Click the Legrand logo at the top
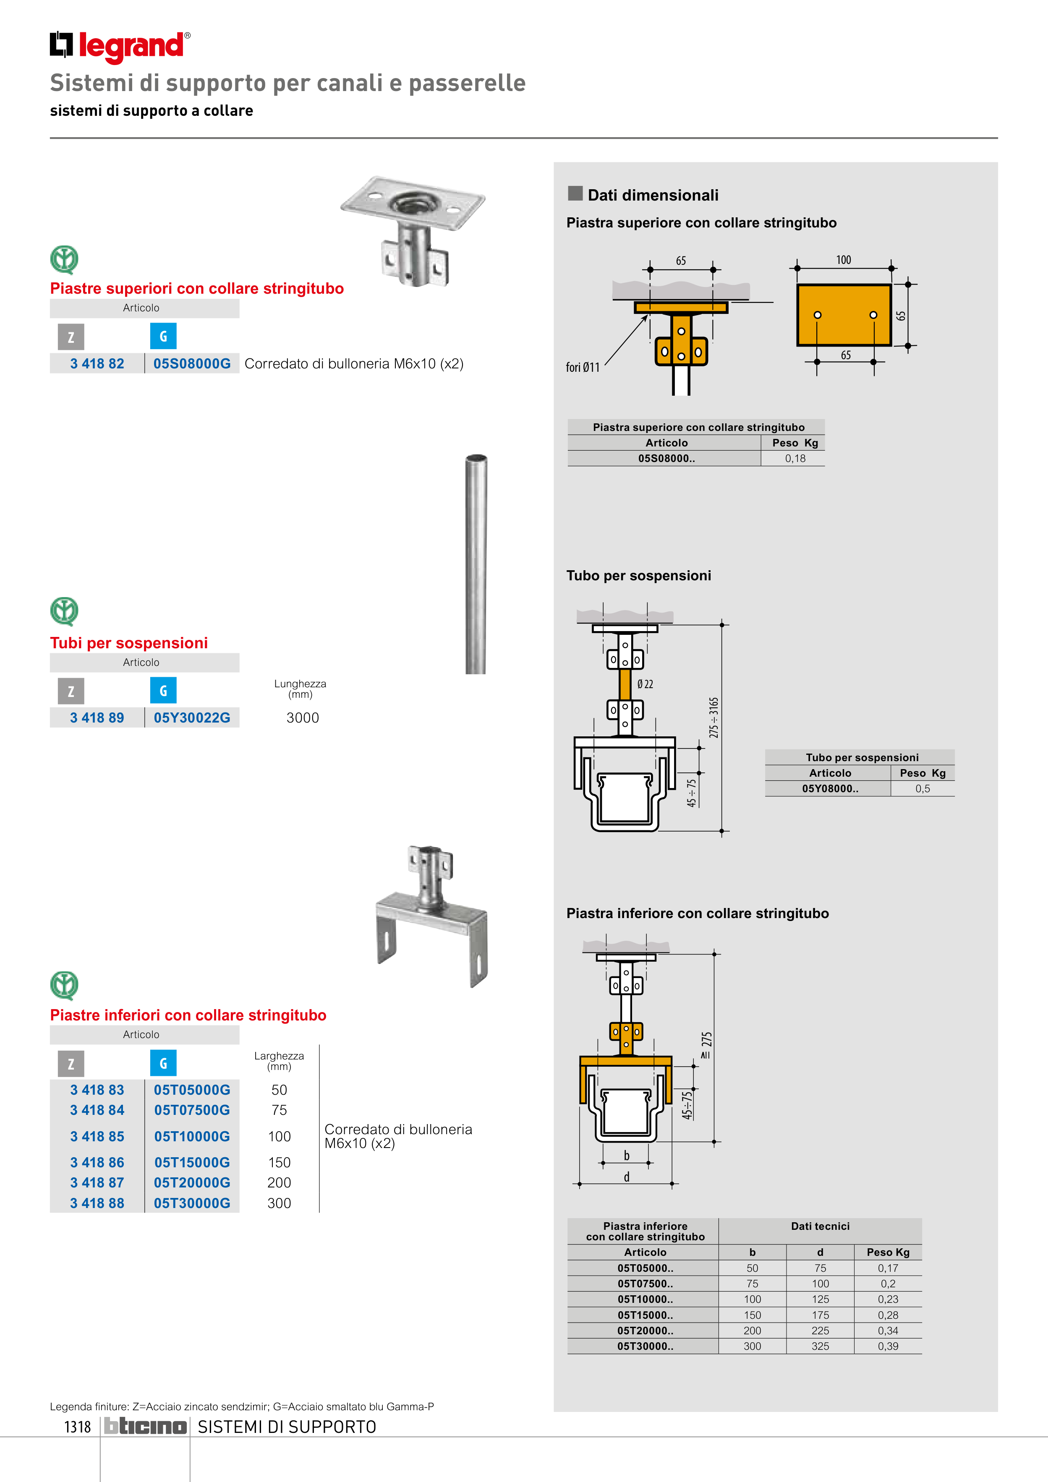120,47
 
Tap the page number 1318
78,1427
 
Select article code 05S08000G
192,363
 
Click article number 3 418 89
97,718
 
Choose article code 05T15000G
192,1163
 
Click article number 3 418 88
97,1203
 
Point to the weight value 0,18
795,458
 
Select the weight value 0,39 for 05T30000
888,1346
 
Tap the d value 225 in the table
820,1330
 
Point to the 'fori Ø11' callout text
583,367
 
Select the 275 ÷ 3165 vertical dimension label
713,717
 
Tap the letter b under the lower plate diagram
626,1156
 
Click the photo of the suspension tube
476,565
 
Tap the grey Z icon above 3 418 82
71,336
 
